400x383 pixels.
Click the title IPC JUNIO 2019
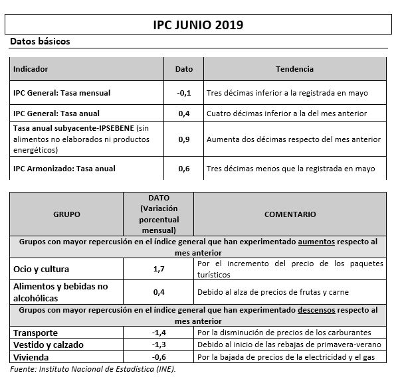tap(197, 25)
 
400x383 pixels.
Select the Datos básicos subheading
tap(40, 42)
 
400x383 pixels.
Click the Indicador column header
tap(31, 69)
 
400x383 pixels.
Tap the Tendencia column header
tap(294, 69)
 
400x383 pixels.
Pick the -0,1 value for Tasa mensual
tap(184, 93)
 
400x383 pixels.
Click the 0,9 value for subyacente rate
tap(184, 139)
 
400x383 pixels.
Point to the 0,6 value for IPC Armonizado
tap(184, 169)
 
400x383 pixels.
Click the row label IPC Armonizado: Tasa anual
tap(64, 169)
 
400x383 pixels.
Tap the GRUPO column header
tap(66, 214)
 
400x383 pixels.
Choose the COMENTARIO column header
tap(290, 214)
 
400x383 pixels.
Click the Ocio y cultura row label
tap(41, 269)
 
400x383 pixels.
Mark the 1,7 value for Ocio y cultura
tap(159, 269)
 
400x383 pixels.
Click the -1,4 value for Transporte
tap(159, 333)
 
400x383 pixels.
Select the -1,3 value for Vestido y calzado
tap(159, 345)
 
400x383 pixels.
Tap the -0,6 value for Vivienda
tap(159, 358)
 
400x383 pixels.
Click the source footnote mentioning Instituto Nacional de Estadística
tap(93, 369)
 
